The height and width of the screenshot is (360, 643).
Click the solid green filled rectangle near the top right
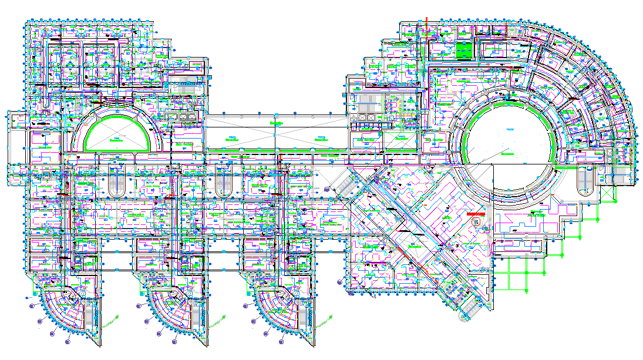464,51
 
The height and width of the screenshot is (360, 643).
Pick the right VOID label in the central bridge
321,139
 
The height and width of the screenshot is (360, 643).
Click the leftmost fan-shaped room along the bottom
65,308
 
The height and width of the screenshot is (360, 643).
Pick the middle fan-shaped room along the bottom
170,308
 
